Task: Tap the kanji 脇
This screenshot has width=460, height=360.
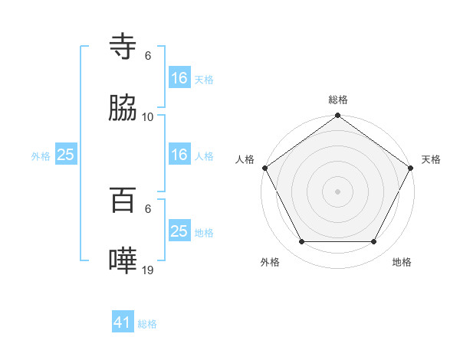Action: click(x=123, y=110)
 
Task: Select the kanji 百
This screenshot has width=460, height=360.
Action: click(x=123, y=201)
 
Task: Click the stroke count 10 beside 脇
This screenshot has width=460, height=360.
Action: click(x=148, y=117)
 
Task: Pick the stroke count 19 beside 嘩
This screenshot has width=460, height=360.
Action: click(x=148, y=270)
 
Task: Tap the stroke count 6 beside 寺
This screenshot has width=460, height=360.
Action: click(x=148, y=55)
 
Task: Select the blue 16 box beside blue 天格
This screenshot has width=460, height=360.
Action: click(x=179, y=77)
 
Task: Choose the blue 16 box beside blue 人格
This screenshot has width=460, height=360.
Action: click(x=179, y=155)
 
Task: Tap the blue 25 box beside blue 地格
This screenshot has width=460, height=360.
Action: click(x=179, y=231)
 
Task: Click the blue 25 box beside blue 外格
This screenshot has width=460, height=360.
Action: click(x=66, y=155)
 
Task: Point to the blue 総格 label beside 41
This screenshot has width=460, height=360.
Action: click(x=147, y=324)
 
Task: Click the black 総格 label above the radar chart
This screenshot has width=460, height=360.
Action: click(x=338, y=100)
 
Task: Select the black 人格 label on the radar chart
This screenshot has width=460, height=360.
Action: click(x=245, y=159)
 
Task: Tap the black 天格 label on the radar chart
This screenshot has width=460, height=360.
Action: click(x=432, y=159)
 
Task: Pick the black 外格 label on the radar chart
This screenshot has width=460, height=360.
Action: click(x=270, y=262)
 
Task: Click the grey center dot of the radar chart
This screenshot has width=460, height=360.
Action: click(x=338, y=191)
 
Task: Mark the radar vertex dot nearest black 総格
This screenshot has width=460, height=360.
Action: click(x=338, y=116)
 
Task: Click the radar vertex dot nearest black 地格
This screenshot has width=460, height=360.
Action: click(x=374, y=242)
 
